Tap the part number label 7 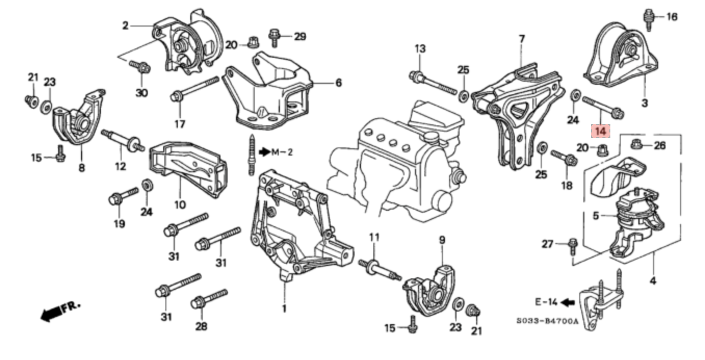tap(521, 38)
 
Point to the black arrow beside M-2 tap(265, 152)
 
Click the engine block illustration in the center tap(395, 156)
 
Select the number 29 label tap(300, 36)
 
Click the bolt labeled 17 tap(195, 89)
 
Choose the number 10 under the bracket tap(180, 205)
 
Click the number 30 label tap(141, 93)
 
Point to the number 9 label tap(442, 240)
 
